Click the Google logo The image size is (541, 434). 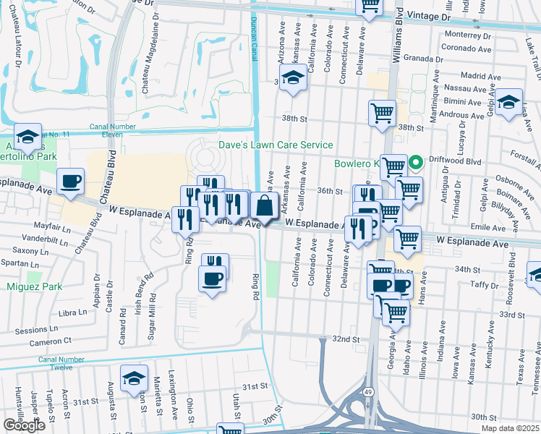(x=25, y=425)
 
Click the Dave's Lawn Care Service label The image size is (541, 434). (x=276, y=145)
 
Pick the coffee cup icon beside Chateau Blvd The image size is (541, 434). (x=70, y=182)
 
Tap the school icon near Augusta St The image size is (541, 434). (x=134, y=378)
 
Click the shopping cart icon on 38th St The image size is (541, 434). (x=381, y=113)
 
